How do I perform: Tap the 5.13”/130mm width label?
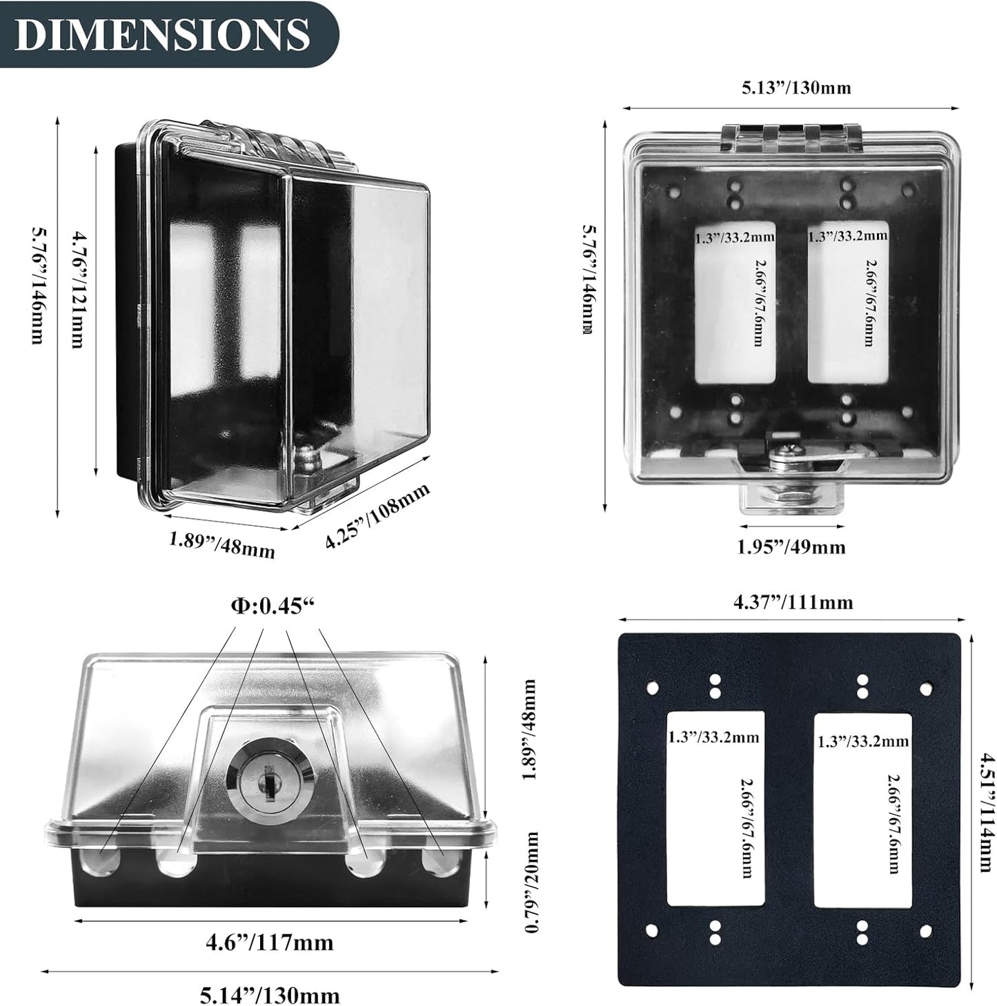[x=796, y=87]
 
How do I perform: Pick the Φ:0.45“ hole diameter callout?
[x=273, y=606]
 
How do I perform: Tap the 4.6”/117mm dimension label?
[x=269, y=943]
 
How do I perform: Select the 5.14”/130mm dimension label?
[x=270, y=995]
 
